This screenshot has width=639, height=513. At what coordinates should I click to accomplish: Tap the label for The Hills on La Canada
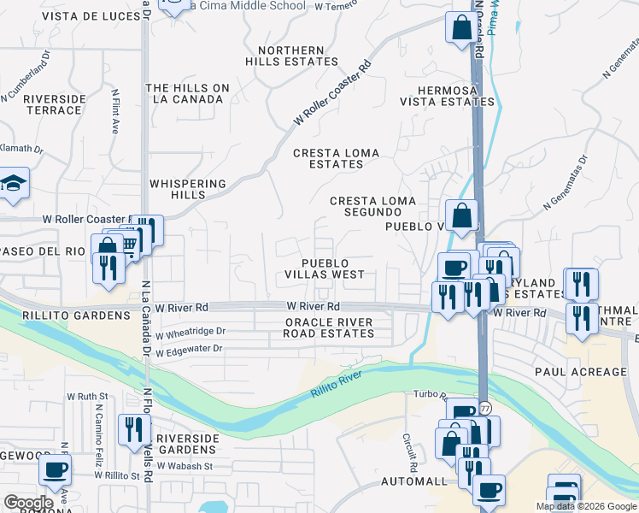(188, 94)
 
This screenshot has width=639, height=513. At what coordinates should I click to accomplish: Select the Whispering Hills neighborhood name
(188, 189)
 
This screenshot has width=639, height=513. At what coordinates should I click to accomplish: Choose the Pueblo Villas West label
(325, 268)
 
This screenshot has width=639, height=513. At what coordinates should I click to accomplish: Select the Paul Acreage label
(581, 372)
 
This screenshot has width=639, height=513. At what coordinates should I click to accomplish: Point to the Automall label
(414, 481)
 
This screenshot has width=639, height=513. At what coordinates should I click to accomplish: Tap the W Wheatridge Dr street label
(190, 331)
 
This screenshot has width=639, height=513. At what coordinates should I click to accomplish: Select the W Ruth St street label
(87, 397)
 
